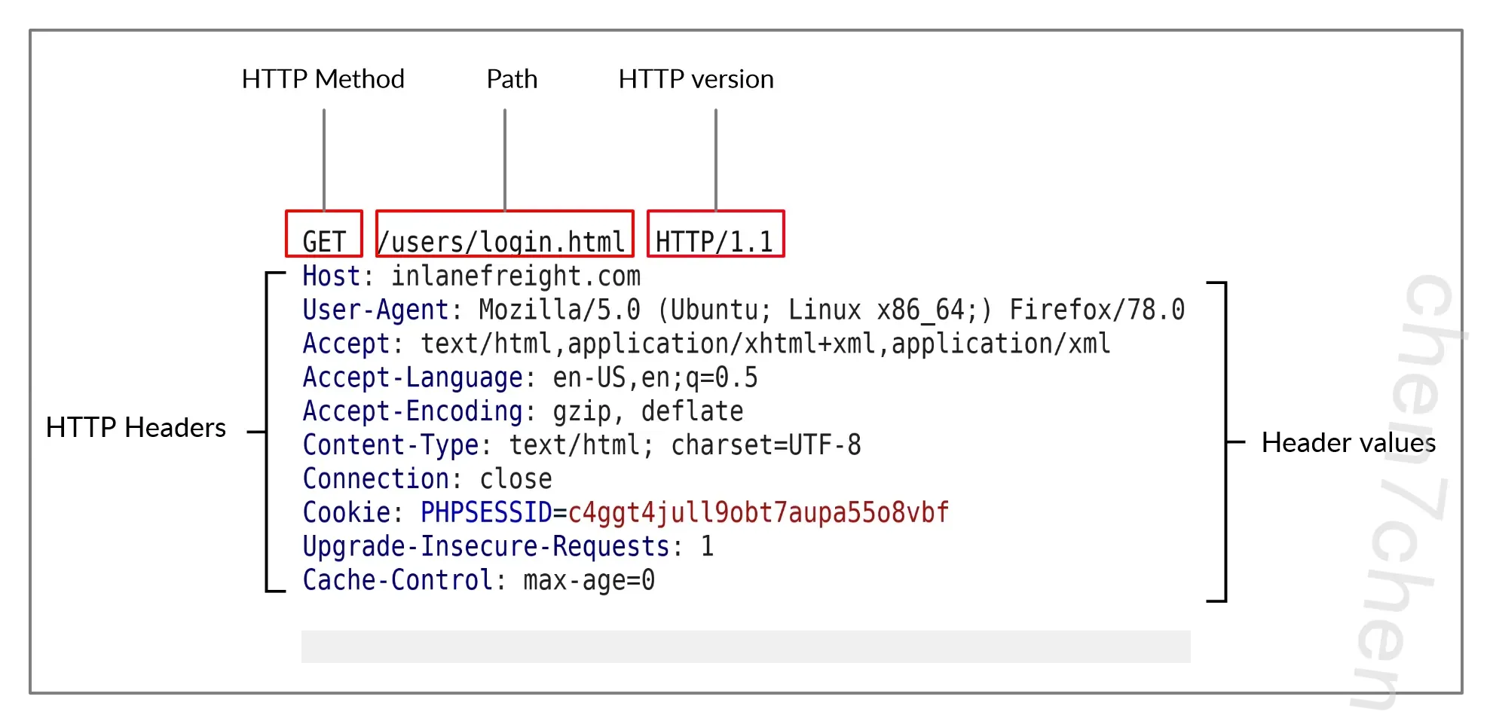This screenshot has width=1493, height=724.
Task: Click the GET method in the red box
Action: tap(324, 242)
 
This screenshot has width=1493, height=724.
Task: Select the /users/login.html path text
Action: tap(501, 242)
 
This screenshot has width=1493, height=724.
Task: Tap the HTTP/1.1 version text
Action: tap(714, 242)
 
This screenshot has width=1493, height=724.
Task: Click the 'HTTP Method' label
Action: tap(323, 79)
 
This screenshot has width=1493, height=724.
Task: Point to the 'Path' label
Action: tap(512, 79)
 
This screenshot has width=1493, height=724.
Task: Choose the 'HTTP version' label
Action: tap(696, 79)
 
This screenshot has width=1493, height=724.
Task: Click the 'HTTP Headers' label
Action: tap(136, 427)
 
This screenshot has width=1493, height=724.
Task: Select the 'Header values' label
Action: tap(1348, 442)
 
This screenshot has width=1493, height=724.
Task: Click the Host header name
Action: tap(332, 276)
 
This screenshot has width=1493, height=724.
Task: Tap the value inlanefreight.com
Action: tap(516, 276)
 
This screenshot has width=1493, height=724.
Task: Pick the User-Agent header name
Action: tap(375, 310)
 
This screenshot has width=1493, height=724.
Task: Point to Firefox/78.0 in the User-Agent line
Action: tap(1097, 310)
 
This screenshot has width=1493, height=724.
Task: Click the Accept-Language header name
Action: tap(412, 377)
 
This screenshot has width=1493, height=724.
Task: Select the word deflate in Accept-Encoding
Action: tap(692, 411)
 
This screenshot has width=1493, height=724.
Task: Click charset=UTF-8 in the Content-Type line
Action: tap(766, 444)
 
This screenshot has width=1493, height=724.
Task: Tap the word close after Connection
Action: tap(516, 478)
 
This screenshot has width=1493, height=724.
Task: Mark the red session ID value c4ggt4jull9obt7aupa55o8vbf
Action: tap(758, 512)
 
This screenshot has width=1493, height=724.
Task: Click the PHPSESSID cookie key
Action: tap(486, 512)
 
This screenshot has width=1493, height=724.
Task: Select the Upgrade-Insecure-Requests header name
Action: tap(486, 546)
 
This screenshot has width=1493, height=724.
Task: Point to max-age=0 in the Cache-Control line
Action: tap(589, 580)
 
